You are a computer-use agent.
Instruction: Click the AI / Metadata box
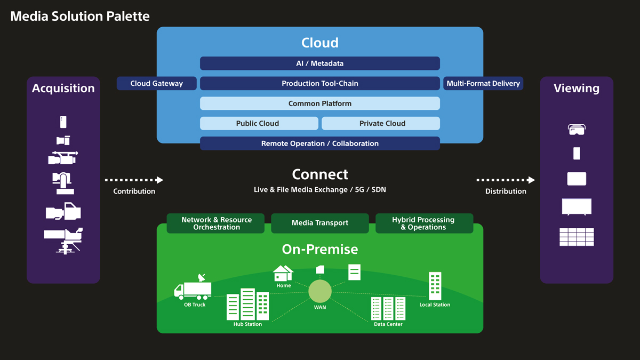320,63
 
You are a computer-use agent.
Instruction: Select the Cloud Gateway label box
157,83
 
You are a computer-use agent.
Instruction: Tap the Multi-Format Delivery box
483,83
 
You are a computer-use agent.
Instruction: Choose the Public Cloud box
258,123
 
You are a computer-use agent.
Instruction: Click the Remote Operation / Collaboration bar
320,143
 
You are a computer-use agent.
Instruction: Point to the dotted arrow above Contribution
134,180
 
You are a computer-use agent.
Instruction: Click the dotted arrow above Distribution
506,180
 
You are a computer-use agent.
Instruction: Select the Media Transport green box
320,223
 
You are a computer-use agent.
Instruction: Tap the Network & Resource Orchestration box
216,223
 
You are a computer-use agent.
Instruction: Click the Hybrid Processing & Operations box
423,223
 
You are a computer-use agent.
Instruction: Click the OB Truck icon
193,288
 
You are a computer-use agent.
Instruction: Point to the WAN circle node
320,291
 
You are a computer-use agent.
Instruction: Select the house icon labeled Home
283,273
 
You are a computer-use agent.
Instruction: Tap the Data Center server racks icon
388,308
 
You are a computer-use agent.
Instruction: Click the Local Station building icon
435,286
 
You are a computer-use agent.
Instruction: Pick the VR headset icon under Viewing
577,129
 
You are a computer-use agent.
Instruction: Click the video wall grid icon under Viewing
577,237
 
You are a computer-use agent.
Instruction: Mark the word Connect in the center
320,174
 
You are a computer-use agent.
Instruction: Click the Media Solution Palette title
80,16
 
